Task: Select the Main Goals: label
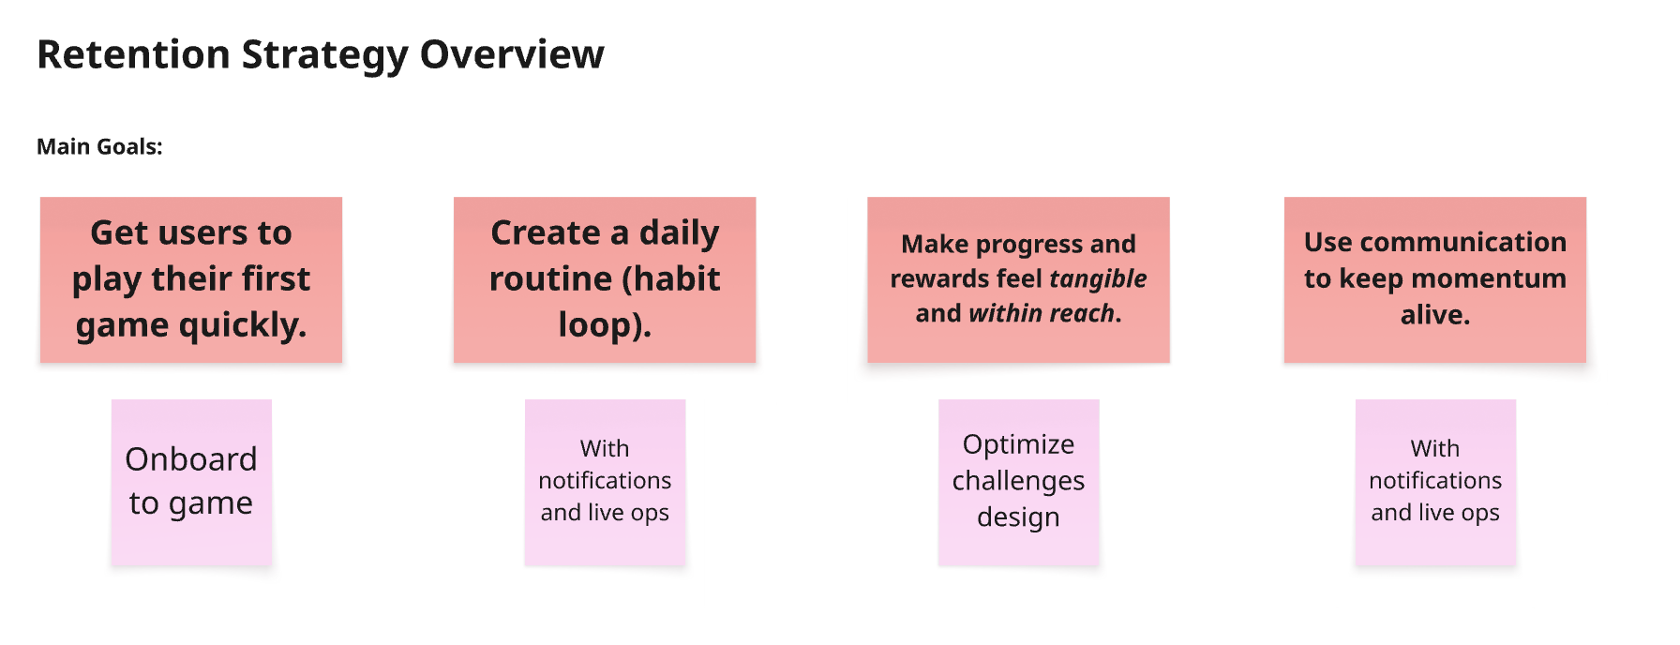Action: pyautogui.click(x=99, y=147)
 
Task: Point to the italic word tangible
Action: pyautogui.click(x=1098, y=278)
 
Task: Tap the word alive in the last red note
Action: pyautogui.click(x=1434, y=315)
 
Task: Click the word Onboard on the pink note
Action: pyautogui.click(x=191, y=459)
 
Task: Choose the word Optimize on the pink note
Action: pyautogui.click(x=1018, y=444)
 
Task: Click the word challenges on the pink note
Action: pyautogui.click(x=1018, y=481)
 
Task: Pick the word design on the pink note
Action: pyautogui.click(x=1018, y=517)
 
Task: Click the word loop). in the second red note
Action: pyautogui.click(x=605, y=325)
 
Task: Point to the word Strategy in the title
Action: pyautogui.click(x=324, y=54)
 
